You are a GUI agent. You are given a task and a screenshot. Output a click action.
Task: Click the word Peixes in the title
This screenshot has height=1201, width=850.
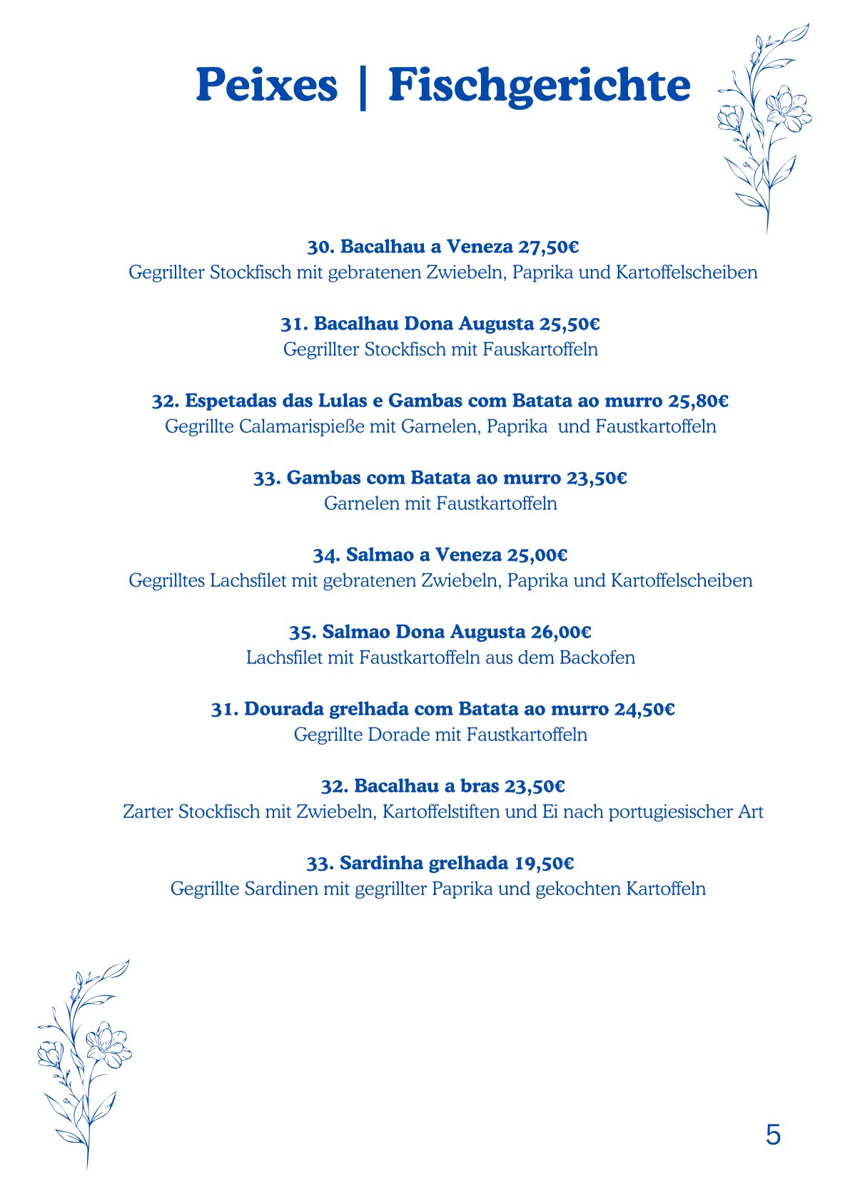[x=267, y=86]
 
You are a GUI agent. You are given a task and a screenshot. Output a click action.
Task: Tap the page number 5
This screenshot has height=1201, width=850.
[x=773, y=1135]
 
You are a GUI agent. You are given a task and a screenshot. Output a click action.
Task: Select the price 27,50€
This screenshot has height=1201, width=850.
[x=548, y=247]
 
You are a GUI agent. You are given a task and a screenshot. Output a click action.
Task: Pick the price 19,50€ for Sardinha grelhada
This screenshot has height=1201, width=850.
[x=544, y=863]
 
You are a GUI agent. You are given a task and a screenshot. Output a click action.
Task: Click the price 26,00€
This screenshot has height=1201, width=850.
[x=561, y=632]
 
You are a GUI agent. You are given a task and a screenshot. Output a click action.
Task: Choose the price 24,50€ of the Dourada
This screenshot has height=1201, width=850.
[x=644, y=709]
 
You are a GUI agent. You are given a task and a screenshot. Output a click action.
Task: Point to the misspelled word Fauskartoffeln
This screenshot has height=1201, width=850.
[x=540, y=349]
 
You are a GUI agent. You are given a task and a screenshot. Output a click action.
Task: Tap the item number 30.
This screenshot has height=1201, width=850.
[x=320, y=247]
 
